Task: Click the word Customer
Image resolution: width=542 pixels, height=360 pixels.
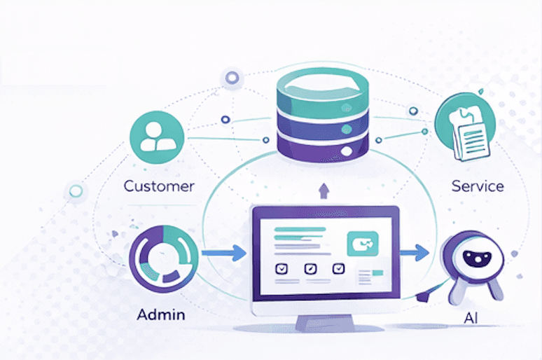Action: coord(159,186)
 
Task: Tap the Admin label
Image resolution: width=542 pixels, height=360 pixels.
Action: coord(162,314)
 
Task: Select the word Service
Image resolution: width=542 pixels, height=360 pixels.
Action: coord(478,186)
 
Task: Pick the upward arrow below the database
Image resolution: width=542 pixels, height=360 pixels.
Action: coord(323,191)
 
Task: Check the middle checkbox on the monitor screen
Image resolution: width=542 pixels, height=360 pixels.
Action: coord(310,268)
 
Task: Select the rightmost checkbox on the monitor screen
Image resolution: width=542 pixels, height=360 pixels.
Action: coord(339,268)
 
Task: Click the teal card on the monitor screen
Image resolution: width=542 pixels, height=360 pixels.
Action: coord(362,244)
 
